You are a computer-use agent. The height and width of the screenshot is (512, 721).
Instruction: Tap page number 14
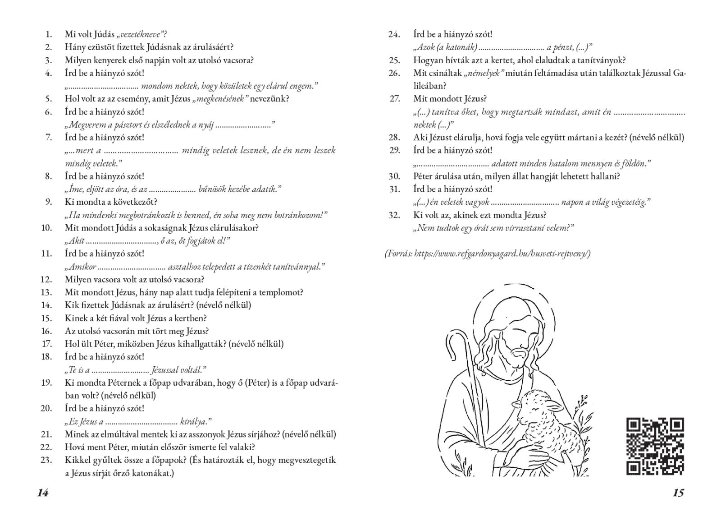(43, 493)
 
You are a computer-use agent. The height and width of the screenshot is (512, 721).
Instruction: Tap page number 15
(678, 493)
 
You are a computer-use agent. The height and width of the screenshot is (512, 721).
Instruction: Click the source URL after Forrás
(502, 254)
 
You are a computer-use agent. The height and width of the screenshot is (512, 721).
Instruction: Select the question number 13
(46, 292)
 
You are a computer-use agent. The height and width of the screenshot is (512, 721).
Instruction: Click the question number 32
(394, 215)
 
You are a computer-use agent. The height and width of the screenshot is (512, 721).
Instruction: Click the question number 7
(49, 138)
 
